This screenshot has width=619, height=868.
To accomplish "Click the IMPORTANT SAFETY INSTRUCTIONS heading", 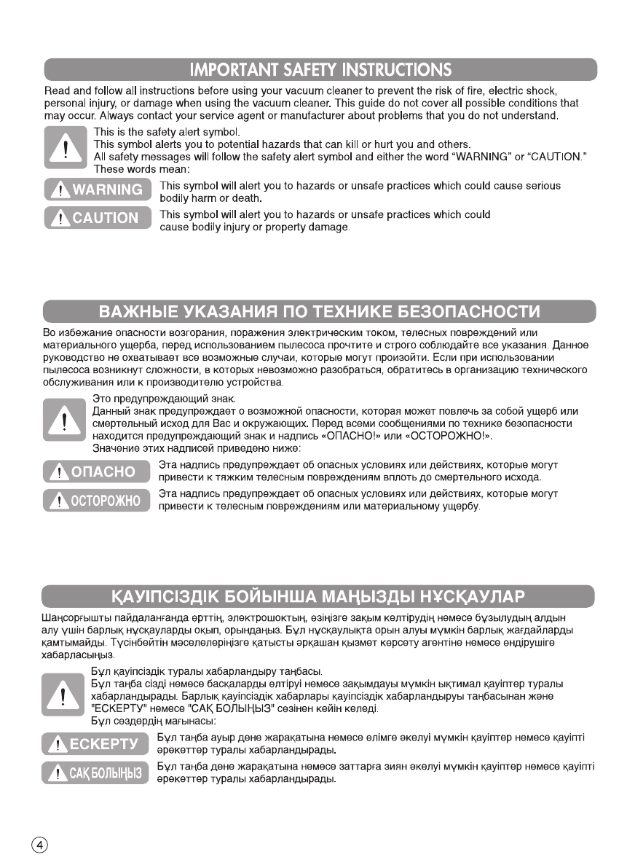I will click(x=320, y=70).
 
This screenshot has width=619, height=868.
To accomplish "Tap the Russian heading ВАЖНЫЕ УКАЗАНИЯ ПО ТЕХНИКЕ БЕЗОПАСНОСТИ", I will click(x=320, y=313).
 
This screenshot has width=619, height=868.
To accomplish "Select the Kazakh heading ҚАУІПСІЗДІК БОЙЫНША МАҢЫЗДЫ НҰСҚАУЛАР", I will click(x=320, y=597).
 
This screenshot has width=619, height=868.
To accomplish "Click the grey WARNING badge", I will click(x=97, y=190).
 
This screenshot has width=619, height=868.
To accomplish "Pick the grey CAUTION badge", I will click(x=97, y=218).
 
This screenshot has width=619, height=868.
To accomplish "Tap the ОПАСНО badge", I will click(x=97, y=472).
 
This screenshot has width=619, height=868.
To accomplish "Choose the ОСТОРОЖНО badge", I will click(x=97, y=500).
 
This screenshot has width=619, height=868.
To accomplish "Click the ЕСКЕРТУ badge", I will click(x=97, y=744).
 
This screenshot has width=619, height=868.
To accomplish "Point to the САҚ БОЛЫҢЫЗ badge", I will click(x=97, y=772).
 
